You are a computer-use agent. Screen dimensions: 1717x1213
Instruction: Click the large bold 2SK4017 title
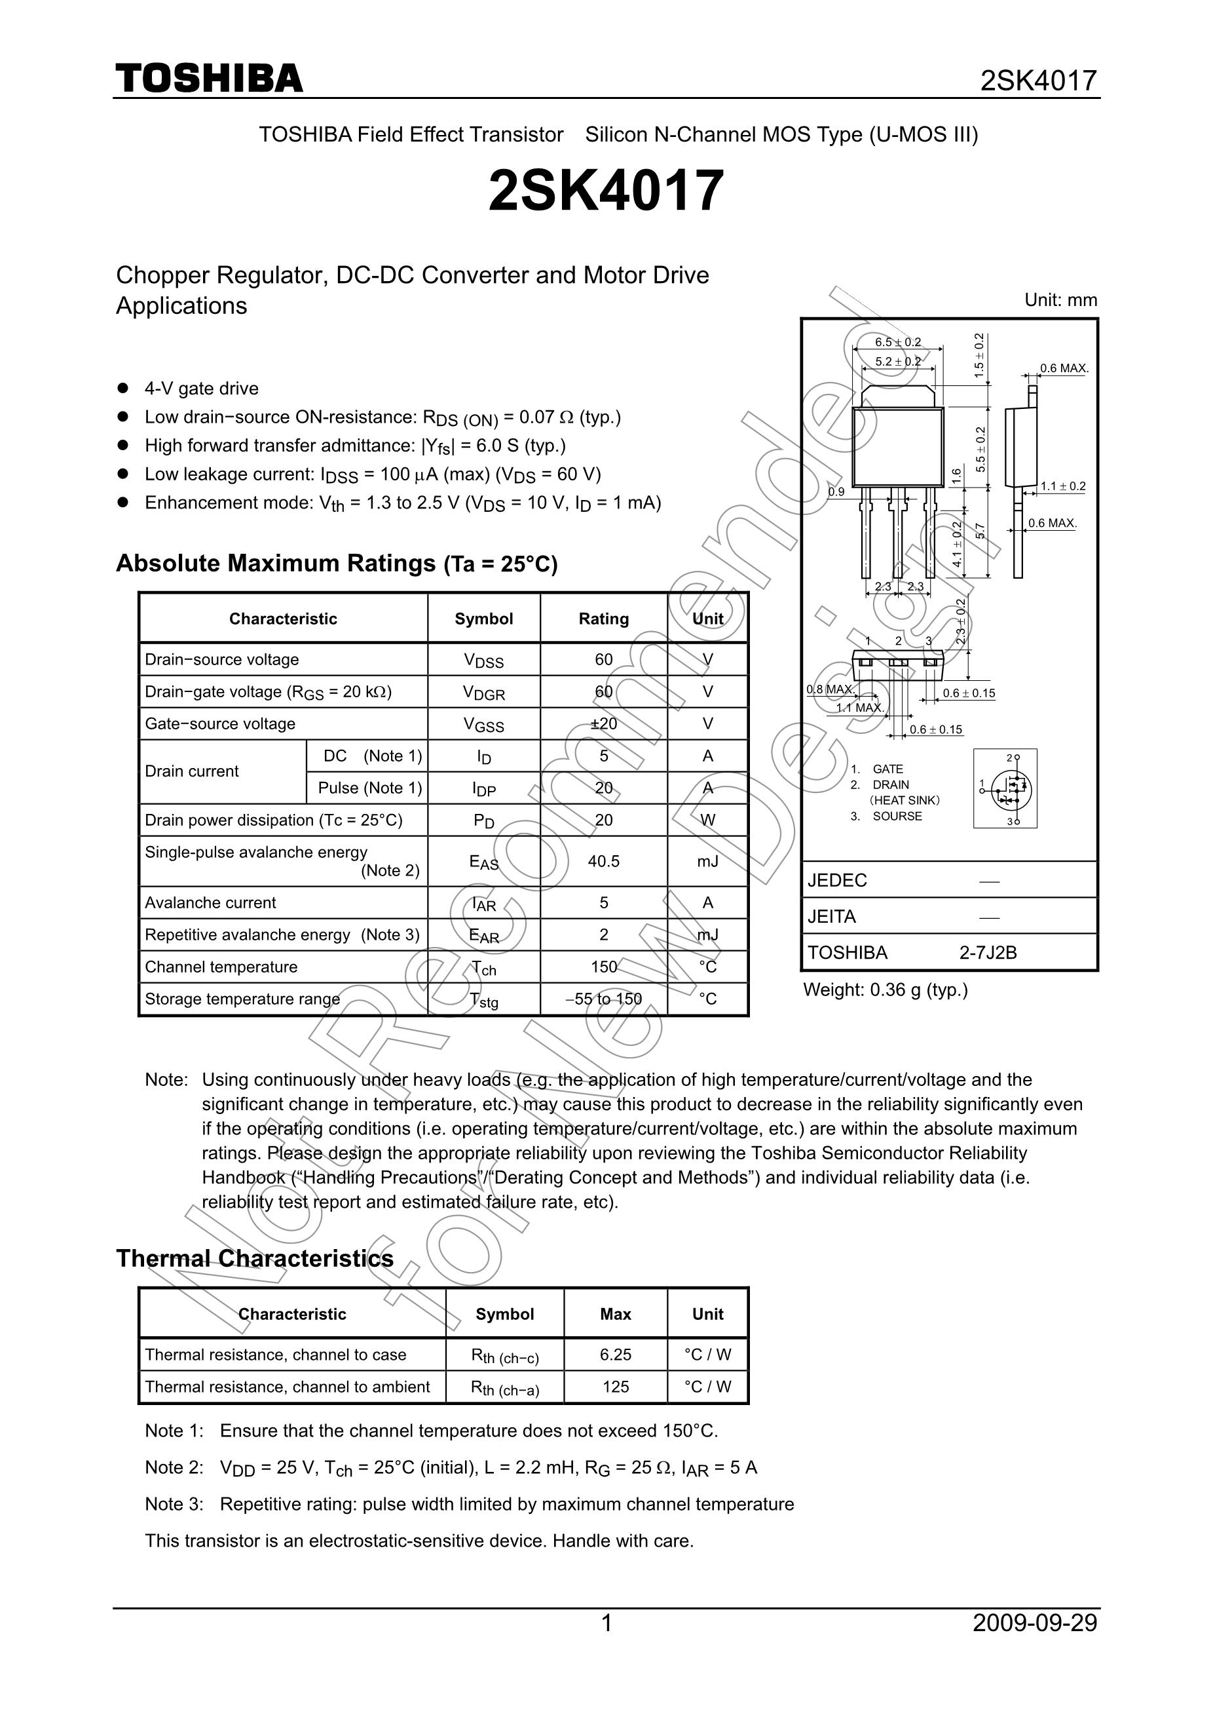click(x=606, y=190)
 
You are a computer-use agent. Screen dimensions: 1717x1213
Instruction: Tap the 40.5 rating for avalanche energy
click(x=603, y=862)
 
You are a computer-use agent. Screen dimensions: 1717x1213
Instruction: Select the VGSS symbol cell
click(x=483, y=724)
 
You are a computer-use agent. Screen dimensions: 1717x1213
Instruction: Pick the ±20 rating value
click(x=603, y=724)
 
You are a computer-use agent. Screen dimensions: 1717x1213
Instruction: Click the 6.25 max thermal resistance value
click(x=615, y=1355)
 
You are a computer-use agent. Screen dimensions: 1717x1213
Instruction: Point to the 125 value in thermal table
click(x=615, y=1387)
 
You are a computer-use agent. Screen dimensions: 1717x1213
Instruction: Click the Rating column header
click(x=603, y=619)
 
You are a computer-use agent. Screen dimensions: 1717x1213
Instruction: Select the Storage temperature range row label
click(x=242, y=999)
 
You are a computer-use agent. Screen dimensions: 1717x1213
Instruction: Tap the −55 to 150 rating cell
click(x=603, y=999)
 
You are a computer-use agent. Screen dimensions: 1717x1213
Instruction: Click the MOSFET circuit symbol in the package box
click(x=1006, y=788)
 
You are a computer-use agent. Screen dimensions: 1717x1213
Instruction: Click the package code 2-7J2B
click(x=988, y=953)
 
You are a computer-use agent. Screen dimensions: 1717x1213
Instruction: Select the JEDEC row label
click(x=837, y=880)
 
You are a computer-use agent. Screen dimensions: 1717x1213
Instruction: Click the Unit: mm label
click(x=1060, y=300)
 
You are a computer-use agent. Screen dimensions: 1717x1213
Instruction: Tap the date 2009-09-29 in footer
click(x=1034, y=1623)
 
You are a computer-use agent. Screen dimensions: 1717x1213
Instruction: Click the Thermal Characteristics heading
click(x=255, y=1258)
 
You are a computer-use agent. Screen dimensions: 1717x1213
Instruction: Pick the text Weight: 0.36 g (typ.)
click(x=885, y=990)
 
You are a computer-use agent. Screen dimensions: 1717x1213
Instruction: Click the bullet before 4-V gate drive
click(x=123, y=388)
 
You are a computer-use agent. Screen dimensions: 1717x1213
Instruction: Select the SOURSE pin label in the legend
click(x=897, y=816)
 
